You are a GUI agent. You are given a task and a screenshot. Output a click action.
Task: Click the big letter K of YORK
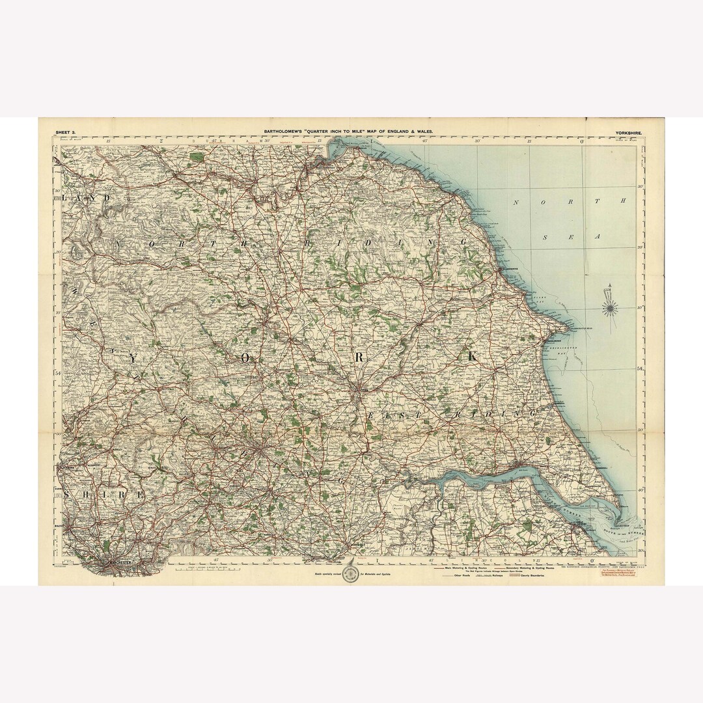[471, 357]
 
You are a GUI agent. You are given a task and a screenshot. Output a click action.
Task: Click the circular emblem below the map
[352, 573]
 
